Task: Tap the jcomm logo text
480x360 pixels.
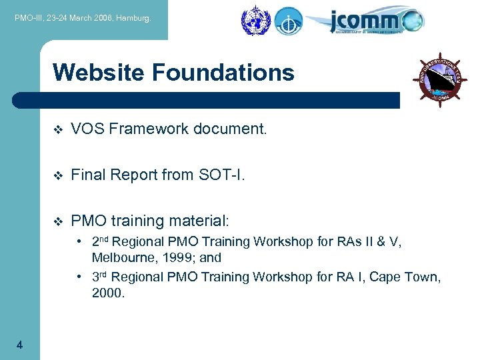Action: click(x=363, y=20)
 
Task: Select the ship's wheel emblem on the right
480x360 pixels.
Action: click(x=440, y=79)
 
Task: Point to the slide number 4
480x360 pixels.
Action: click(x=20, y=345)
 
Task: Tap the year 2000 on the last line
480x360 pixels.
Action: click(x=109, y=292)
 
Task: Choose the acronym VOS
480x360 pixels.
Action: click(x=85, y=129)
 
